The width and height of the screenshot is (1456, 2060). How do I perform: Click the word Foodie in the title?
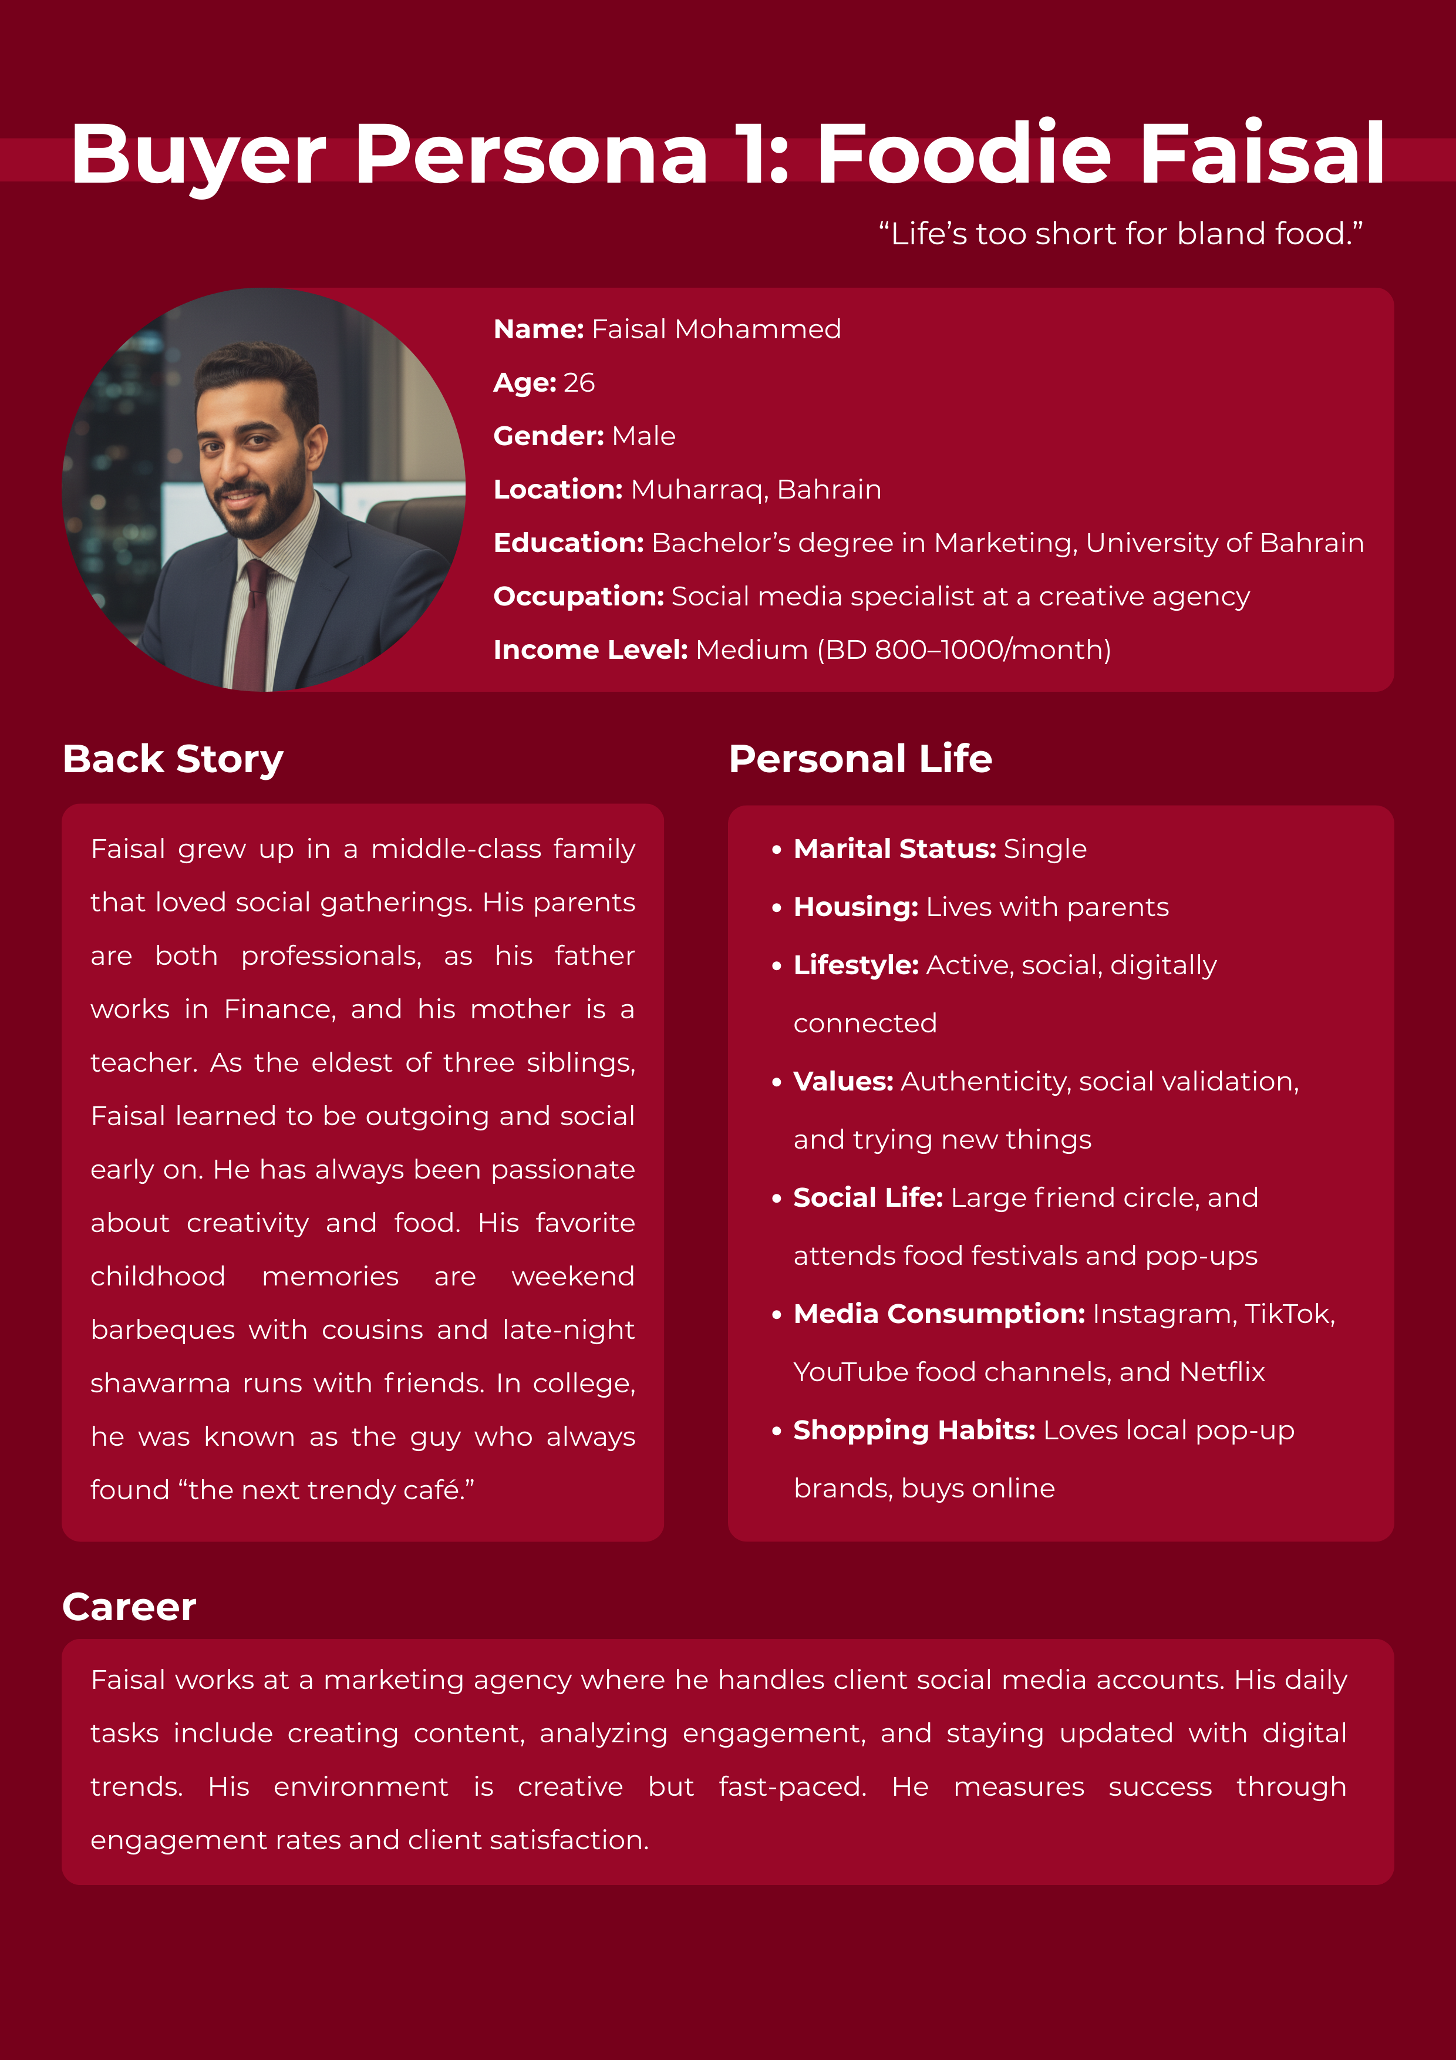(x=963, y=154)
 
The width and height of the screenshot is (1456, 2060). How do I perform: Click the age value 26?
(x=579, y=383)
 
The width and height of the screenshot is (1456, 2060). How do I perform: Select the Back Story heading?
(x=173, y=759)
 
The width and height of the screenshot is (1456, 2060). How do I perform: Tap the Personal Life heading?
(x=860, y=759)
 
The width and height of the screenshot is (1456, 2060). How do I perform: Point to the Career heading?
(x=129, y=1607)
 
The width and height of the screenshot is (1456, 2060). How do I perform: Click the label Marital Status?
(x=894, y=849)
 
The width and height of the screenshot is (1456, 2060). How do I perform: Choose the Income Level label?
(x=590, y=649)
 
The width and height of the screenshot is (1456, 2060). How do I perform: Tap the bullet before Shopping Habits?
(x=777, y=1431)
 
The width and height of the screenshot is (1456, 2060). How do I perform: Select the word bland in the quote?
(x=1221, y=234)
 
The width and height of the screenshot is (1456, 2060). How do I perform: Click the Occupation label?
(x=578, y=597)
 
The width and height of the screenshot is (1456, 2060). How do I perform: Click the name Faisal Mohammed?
(x=716, y=329)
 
